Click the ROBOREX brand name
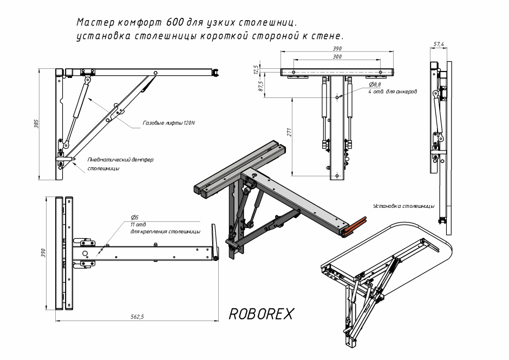coord(261,314)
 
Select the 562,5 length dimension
coord(138,317)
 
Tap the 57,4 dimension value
coord(439,44)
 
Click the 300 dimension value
coord(337,56)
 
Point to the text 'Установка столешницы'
coord(404,206)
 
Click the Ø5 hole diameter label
coord(135,217)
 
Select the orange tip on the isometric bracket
coord(354,224)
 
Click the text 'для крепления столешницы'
coord(166,232)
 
